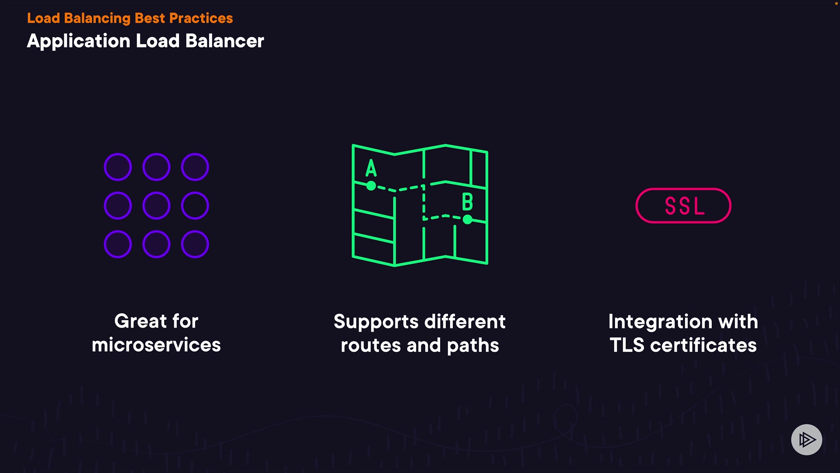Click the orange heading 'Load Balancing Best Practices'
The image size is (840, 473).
130,18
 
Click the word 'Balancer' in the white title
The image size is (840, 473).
224,41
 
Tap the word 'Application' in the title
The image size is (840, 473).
79,41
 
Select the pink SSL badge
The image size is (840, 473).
683,205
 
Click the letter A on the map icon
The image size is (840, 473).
371,168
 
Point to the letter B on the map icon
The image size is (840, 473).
467,202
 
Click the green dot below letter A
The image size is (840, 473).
371,186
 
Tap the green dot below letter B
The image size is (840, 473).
468,219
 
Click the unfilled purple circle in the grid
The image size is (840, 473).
195,205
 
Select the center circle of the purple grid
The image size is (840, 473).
156,205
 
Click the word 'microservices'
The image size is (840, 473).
156,345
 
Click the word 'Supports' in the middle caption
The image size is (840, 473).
376,322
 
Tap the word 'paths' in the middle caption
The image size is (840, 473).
473,346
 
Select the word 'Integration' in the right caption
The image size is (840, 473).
660,322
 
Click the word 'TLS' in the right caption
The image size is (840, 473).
627,345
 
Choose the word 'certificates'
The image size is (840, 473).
703,345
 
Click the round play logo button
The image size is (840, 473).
806,439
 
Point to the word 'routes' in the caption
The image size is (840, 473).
371,346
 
